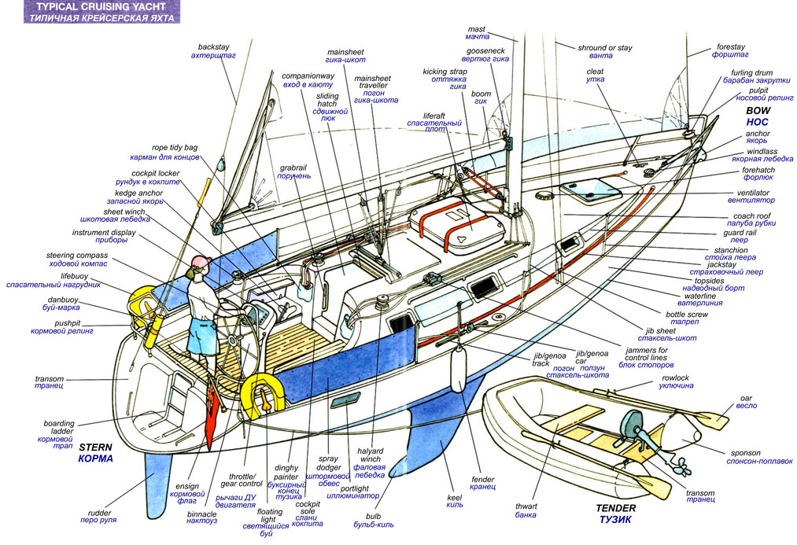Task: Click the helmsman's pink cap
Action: click(x=199, y=261)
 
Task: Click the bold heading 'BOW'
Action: click(x=758, y=111)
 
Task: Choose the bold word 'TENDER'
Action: click(x=615, y=508)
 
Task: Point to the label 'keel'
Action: click(x=455, y=498)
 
